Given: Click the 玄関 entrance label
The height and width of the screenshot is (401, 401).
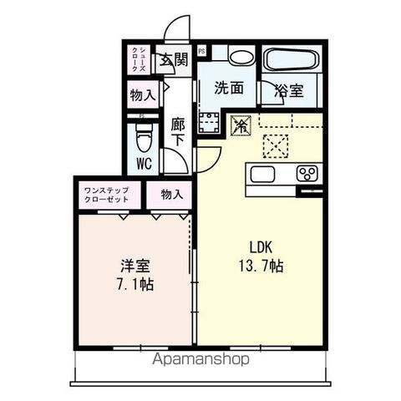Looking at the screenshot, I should (175, 59).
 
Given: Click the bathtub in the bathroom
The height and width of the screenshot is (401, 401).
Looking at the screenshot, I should (291, 60).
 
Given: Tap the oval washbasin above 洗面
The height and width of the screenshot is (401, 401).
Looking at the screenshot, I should (241, 57).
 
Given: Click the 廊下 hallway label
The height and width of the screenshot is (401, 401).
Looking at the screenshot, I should (178, 131).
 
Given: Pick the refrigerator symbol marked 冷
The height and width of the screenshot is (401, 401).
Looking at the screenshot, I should (241, 125).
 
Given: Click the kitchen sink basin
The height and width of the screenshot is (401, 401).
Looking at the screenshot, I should (261, 175).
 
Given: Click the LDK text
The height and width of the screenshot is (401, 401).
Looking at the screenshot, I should (261, 247).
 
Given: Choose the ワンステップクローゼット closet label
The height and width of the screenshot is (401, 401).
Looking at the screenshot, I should (106, 196).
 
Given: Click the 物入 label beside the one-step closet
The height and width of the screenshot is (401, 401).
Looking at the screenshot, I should (171, 195).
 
